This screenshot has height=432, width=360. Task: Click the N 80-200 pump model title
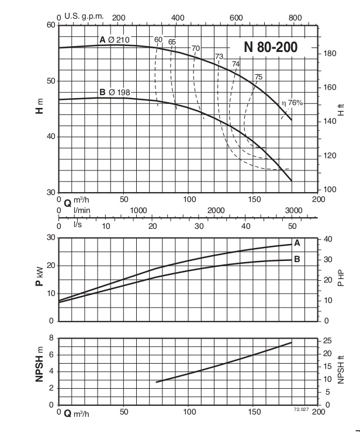(270, 47)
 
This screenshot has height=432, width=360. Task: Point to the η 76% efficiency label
(292, 103)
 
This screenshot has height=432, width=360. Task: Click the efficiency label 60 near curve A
(158, 40)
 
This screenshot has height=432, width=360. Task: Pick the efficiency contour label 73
(219, 57)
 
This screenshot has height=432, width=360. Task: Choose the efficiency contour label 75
(258, 77)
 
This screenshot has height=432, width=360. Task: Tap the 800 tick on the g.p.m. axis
(295, 18)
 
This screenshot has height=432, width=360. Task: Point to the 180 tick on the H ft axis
(330, 54)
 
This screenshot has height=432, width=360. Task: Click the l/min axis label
(80, 210)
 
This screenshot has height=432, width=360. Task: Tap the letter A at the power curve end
(297, 243)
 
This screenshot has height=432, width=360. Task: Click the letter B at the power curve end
(297, 259)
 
